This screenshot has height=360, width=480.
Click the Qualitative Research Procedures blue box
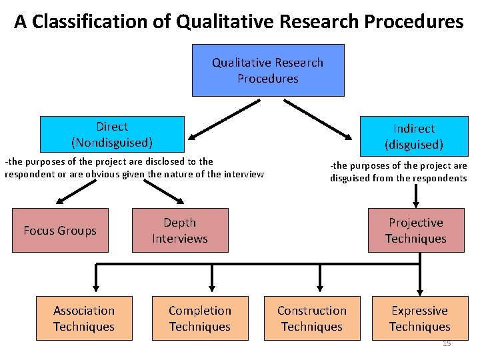(x=268, y=71)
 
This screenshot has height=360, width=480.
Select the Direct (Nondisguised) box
(x=112, y=134)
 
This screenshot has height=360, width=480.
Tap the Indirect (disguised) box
(x=413, y=136)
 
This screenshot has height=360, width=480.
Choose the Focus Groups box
(x=60, y=231)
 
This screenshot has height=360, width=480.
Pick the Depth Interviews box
(x=180, y=231)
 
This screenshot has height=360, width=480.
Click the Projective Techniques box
(x=416, y=231)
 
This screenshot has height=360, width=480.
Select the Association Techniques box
(x=84, y=319)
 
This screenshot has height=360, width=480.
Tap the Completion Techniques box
(x=200, y=319)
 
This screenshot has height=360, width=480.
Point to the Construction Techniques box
(x=312, y=319)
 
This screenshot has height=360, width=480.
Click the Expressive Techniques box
(x=420, y=319)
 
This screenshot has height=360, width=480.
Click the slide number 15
(x=447, y=343)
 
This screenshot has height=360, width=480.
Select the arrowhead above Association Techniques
(x=96, y=287)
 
